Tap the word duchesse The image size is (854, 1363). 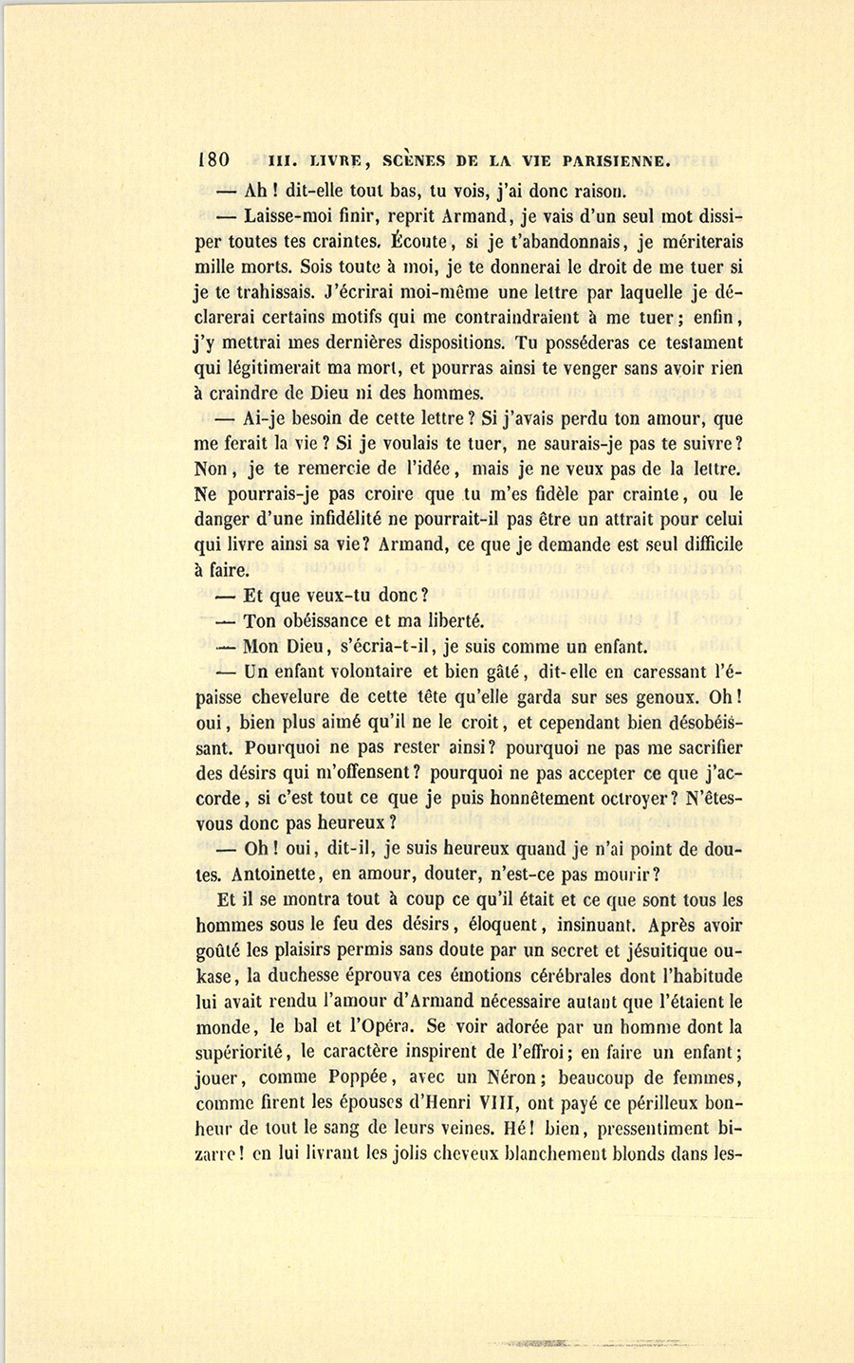[308, 976]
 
